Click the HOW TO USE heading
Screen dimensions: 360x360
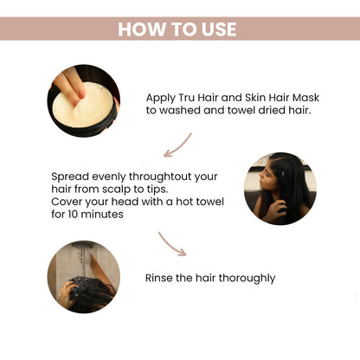point(177,29)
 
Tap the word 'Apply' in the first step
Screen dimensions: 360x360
point(160,98)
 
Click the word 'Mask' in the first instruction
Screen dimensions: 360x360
point(306,98)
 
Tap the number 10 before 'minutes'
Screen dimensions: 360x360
point(73,214)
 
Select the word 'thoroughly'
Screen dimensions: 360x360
point(247,279)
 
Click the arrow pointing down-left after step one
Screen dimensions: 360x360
point(177,145)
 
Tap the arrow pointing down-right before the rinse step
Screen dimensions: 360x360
point(172,244)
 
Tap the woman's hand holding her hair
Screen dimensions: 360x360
point(279,209)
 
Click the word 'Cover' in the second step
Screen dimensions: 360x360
point(67,202)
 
